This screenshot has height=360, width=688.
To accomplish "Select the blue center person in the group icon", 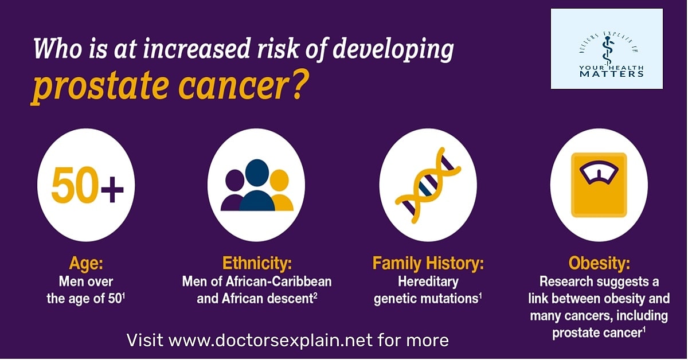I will tap(257, 185).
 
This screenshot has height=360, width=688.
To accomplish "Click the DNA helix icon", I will tap(428, 185).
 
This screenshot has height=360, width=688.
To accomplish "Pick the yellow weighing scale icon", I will tap(599, 185).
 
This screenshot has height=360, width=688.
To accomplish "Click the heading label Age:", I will tap(87, 264).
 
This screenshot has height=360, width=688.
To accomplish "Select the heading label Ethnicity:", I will tap(257, 264).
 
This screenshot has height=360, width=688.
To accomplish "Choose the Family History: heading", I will tap(428, 264).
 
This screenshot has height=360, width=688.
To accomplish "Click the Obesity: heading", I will tap(599, 264).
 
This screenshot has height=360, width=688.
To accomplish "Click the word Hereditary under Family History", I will tap(428, 282).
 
